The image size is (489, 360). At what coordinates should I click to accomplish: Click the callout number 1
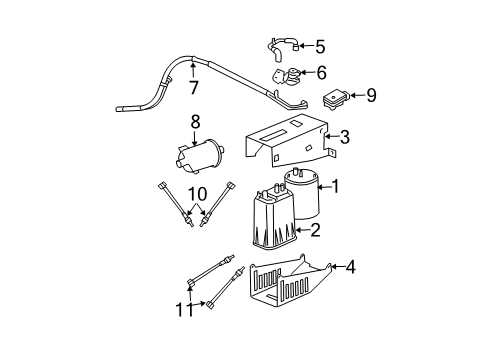(x=336, y=187)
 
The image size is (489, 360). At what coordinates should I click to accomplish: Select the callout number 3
(x=345, y=137)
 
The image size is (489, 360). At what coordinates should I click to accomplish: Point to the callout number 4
(x=351, y=267)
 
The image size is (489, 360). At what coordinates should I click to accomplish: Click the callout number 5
(x=320, y=46)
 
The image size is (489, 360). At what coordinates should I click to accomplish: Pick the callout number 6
(x=320, y=73)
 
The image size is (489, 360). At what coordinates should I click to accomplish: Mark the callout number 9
(x=371, y=97)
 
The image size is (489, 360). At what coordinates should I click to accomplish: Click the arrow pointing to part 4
(x=336, y=267)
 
